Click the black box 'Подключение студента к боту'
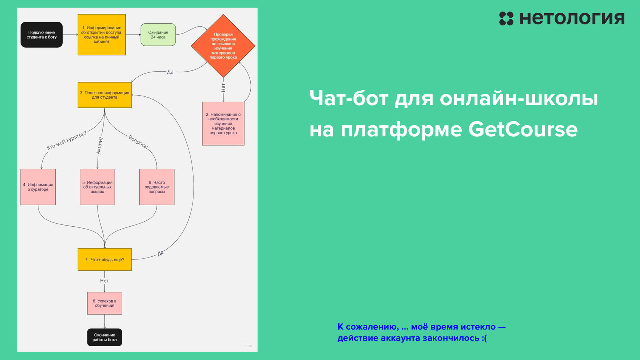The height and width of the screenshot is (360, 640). (42, 35)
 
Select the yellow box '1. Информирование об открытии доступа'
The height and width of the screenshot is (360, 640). (102, 35)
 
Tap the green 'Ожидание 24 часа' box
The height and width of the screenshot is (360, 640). (158, 35)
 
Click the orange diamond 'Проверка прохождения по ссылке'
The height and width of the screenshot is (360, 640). (223, 46)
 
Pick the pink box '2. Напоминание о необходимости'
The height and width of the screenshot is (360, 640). (223, 123)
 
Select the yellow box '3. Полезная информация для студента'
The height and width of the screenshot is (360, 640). (104, 95)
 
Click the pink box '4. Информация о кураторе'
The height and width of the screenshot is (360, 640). (38, 187)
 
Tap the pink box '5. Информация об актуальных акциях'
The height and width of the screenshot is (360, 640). (98, 187)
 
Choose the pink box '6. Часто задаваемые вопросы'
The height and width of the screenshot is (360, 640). (157, 187)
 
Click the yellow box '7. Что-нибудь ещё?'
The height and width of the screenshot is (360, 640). (104, 259)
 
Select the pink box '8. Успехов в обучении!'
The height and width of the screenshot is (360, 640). (104, 303)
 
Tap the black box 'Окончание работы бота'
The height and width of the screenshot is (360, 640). (104, 337)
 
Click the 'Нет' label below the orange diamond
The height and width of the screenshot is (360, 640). (223, 88)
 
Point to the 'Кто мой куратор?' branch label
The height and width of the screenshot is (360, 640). (67, 140)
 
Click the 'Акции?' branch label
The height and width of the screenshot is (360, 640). (99, 146)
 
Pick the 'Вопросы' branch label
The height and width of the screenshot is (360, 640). (138, 142)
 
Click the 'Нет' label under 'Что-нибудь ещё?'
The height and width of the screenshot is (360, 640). (104, 281)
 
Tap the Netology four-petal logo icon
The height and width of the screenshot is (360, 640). (506, 19)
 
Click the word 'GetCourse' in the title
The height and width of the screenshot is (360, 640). (523, 130)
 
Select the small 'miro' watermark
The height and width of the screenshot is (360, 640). (248, 346)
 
